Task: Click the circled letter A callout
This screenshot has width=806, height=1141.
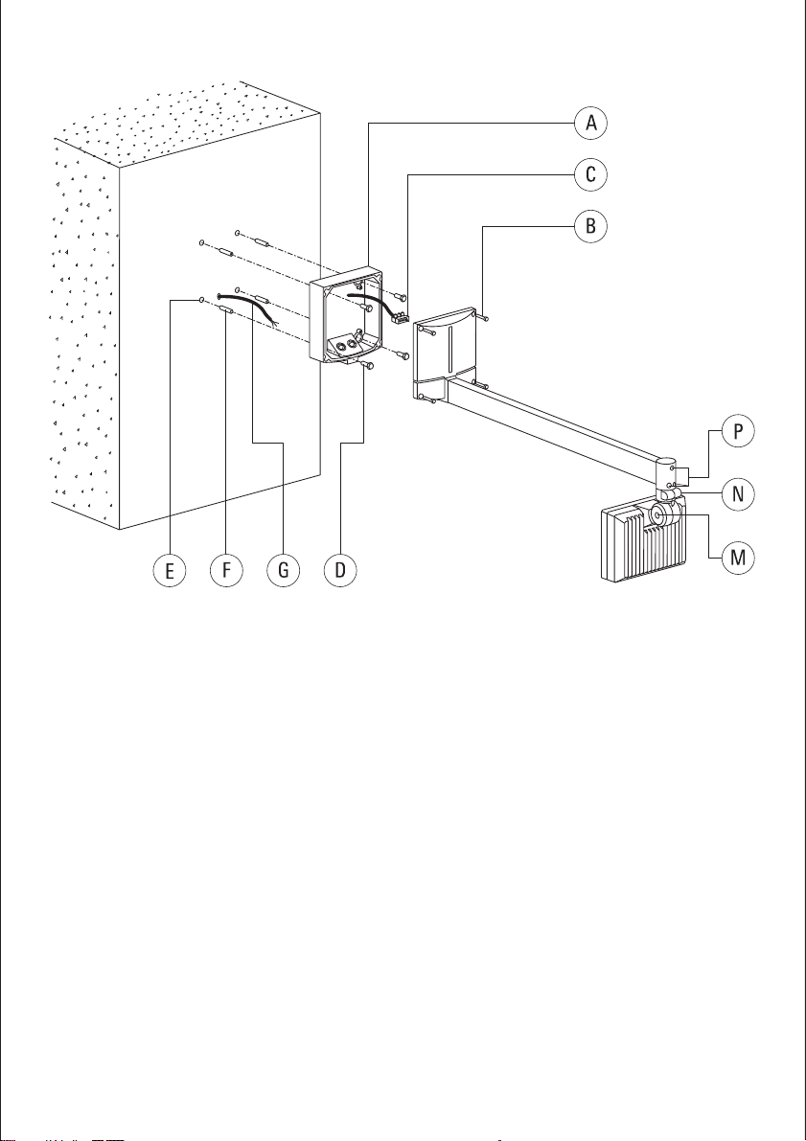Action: click(x=590, y=123)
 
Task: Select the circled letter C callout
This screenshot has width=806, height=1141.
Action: click(x=590, y=174)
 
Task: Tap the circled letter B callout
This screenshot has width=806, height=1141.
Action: click(x=590, y=226)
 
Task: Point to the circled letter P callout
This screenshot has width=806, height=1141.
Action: click(x=738, y=431)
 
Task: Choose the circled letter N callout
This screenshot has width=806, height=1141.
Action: click(x=738, y=494)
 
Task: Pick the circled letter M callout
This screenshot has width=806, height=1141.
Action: click(x=738, y=558)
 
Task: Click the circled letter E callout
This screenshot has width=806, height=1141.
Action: click(x=169, y=571)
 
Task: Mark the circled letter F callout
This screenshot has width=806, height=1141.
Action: click(x=226, y=571)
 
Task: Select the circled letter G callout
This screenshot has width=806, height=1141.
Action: click(x=283, y=571)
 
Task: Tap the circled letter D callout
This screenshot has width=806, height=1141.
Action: click(x=340, y=571)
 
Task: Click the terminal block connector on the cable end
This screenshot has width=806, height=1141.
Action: click(x=399, y=316)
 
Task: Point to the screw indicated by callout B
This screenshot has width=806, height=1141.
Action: click(x=484, y=316)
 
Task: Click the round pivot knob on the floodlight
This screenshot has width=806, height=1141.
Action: click(x=658, y=515)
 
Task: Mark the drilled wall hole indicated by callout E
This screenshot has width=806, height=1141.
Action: click(x=201, y=299)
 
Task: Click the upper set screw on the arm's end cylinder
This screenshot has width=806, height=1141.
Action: click(x=674, y=469)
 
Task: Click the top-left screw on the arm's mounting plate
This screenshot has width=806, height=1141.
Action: click(x=428, y=331)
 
